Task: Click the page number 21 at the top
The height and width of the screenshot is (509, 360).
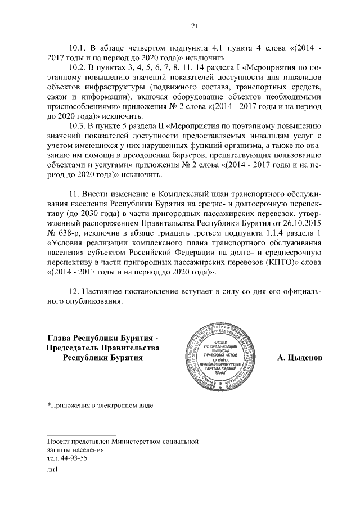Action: pos(195,25)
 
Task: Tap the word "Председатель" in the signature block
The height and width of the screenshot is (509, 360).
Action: pos(71,348)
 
